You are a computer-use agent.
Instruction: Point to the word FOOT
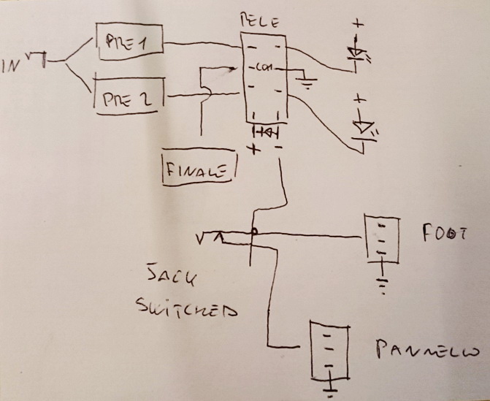coord(443,234)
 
